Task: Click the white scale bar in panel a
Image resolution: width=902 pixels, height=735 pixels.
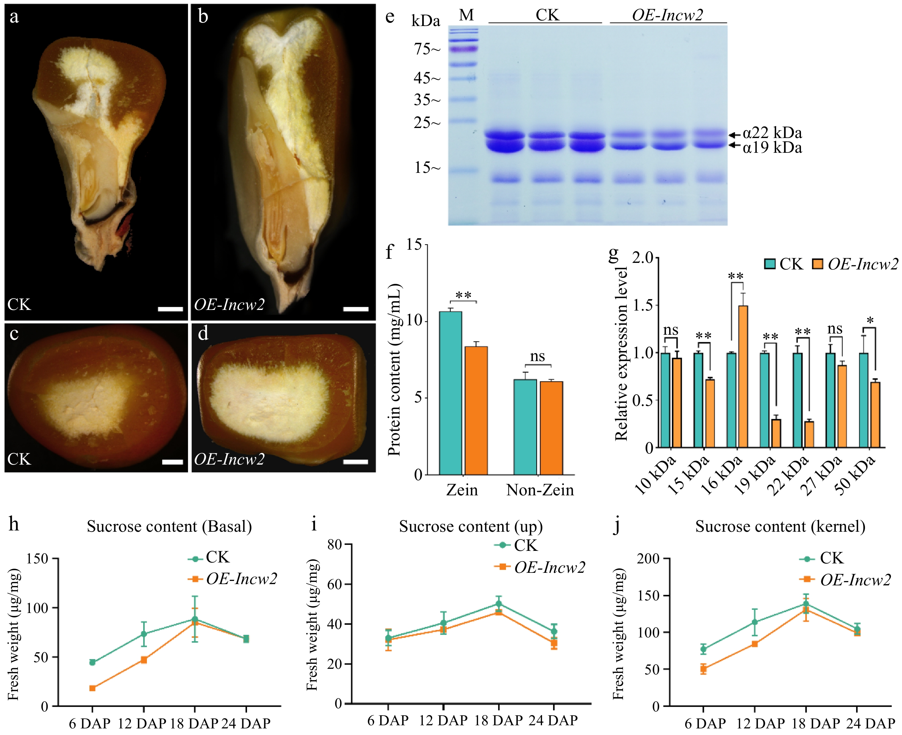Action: click(170, 309)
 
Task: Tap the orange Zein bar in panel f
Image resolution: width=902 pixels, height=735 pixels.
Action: click(476, 410)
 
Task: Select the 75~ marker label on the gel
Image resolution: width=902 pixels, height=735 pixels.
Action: click(427, 50)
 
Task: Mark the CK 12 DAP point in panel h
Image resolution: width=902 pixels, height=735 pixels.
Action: click(143, 634)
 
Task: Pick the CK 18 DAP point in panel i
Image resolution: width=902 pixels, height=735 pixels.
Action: click(498, 604)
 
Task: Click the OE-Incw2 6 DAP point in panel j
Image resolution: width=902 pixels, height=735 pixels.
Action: click(703, 669)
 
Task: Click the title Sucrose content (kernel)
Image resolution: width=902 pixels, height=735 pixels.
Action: click(780, 526)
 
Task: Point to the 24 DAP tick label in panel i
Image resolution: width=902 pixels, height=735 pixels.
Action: click(553, 720)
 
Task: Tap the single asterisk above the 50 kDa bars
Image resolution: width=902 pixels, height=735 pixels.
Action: click(870, 321)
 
